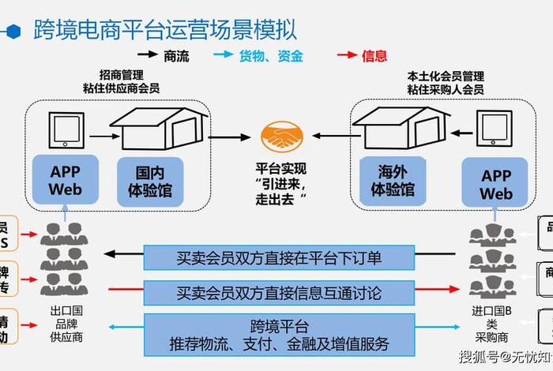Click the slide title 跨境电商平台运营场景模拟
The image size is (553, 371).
pos(165,30)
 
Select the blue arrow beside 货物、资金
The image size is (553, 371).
pos(224,56)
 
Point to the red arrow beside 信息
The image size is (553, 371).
pos(345,56)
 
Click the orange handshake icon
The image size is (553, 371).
pos(284,136)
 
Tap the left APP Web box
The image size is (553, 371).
pos(65,181)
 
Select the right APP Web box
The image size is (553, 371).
pos(496,183)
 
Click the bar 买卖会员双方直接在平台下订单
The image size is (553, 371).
pos(279,257)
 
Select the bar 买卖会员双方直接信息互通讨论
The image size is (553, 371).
pos(279,293)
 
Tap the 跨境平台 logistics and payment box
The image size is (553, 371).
pos(279,335)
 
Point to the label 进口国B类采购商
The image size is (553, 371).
pos(492,323)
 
